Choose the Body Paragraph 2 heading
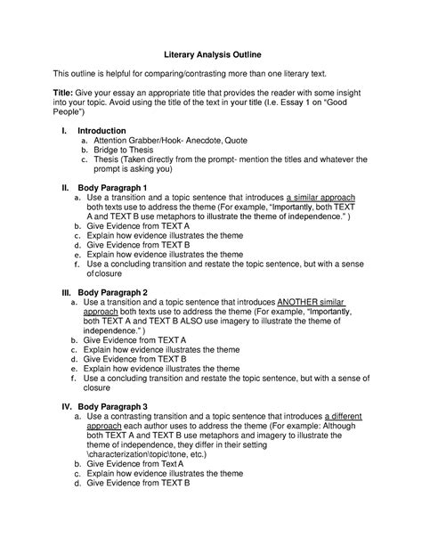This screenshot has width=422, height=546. click(112, 292)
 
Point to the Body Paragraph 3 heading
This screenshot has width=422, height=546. click(113, 406)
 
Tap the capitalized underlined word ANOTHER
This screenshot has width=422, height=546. click(303, 303)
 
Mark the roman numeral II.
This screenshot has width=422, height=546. click(64, 189)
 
